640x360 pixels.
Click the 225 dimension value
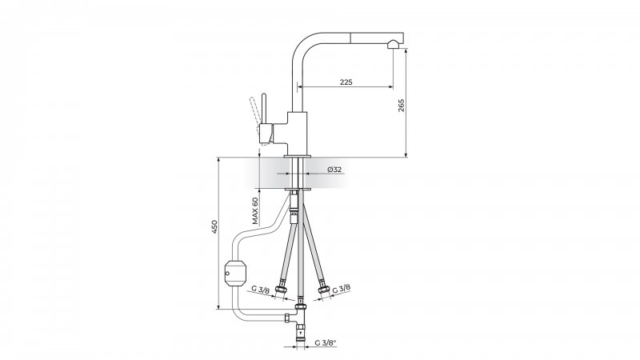pos(346,82)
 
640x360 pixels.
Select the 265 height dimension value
pos(401,106)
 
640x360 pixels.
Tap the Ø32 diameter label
pos(334,170)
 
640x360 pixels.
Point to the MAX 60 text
pos(255,211)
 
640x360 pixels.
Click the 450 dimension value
pos(214,226)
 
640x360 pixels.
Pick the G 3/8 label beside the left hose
pos(261,290)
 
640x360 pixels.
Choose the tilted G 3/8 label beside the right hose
pos(342,289)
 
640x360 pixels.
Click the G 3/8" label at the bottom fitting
pos(326,343)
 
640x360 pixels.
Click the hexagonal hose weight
pos(235,273)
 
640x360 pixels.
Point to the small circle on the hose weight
pos(228,273)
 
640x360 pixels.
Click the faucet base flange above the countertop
pos(298,155)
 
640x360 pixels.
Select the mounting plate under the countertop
pos(298,190)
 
